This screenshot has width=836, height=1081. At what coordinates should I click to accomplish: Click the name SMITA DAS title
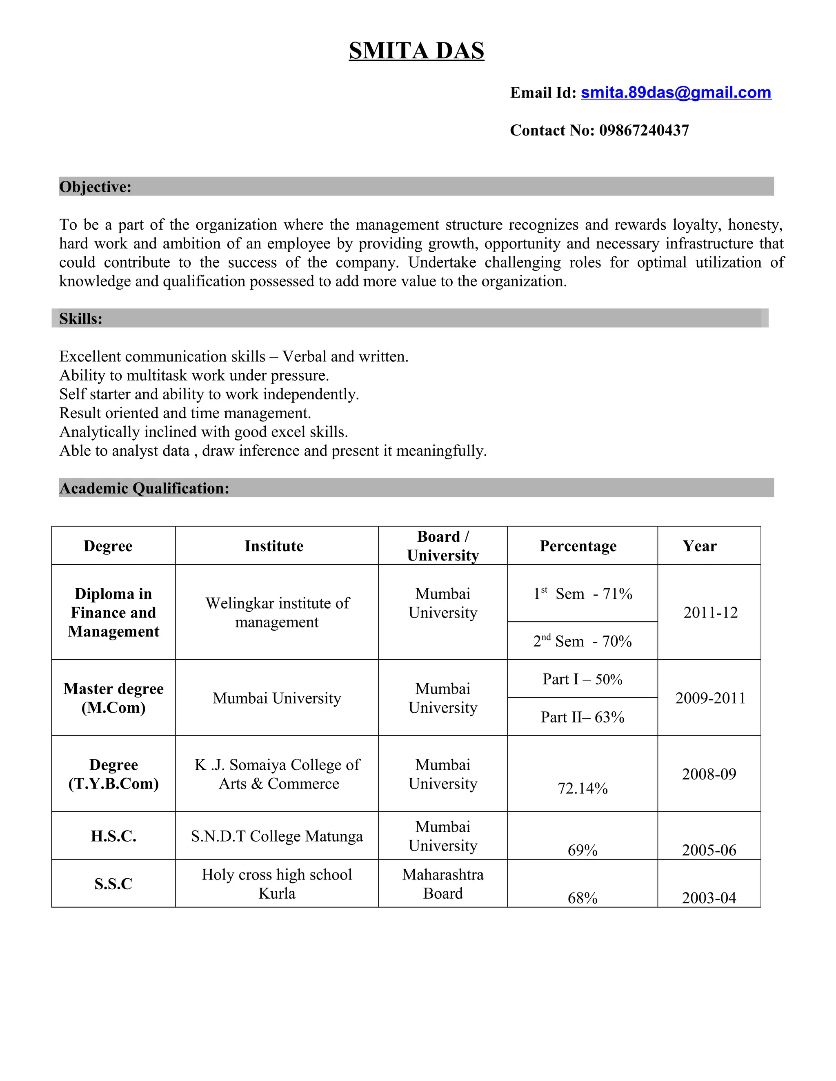coord(416,51)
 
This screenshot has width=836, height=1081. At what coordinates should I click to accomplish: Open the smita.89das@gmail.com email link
coord(676,93)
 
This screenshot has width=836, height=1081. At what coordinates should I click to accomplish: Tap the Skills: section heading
coord(81,318)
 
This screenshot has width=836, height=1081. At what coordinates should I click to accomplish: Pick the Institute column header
coord(274,546)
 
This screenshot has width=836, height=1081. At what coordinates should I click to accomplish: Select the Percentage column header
coord(578,546)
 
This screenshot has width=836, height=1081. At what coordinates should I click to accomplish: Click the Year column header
coord(699,546)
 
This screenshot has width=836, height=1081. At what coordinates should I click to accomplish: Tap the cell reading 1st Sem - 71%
coord(583,594)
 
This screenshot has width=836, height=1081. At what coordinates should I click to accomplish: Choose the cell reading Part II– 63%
coord(583,717)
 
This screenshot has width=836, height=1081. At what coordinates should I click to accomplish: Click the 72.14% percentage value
coord(583,788)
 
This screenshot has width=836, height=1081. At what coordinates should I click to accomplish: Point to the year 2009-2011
coord(710,698)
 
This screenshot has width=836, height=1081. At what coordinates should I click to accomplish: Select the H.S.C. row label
coord(113,836)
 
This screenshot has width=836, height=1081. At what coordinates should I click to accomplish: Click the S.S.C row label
coord(113,884)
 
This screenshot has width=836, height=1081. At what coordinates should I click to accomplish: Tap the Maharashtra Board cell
coord(443,884)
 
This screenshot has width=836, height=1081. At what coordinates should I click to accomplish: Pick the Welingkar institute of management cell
coord(277,612)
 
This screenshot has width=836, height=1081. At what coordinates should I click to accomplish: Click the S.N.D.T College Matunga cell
coord(277,836)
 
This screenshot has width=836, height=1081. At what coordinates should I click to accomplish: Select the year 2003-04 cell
coord(709,897)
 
